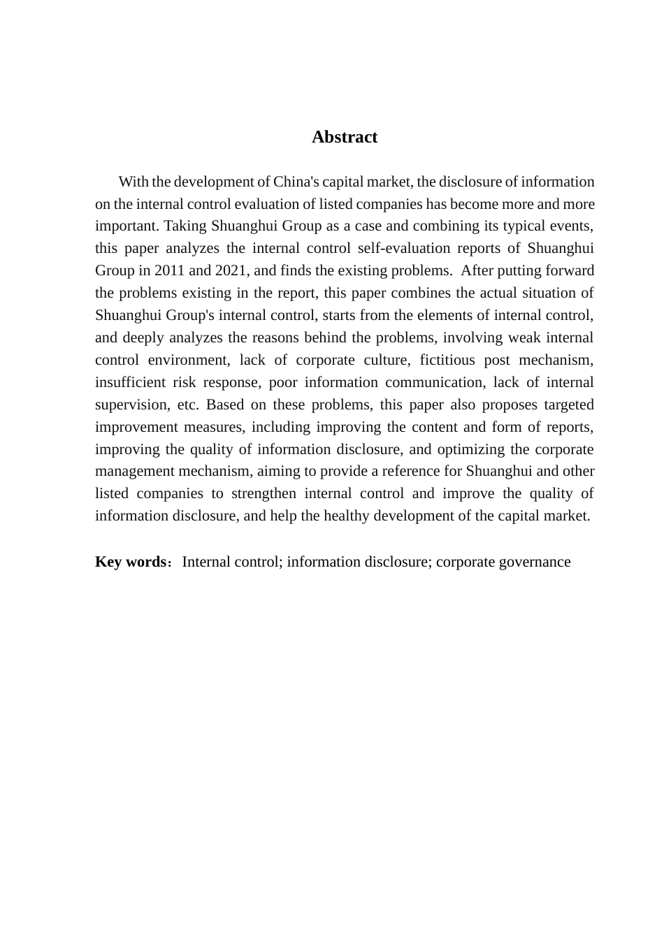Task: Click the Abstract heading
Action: (345, 137)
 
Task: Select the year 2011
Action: (170, 271)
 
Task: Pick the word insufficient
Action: (130, 383)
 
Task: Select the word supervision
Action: (128, 405)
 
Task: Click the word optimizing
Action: (469, 449)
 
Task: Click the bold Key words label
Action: (130, 562)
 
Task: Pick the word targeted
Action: (568, 405)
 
